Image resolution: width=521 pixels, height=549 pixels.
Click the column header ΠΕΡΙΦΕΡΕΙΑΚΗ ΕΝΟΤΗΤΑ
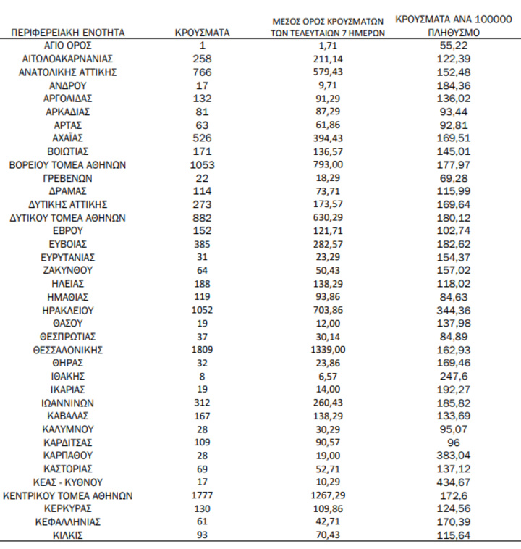pyautogui.click(x=68, y=33)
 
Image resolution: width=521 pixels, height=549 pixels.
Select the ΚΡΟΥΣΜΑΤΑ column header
pyautogui.click(x=203, y=33)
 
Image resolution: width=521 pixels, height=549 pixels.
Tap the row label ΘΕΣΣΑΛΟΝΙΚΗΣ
pyautogui.click(x=68, y=350)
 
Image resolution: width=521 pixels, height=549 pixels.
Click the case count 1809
pyautogui.click(x=202, y=350)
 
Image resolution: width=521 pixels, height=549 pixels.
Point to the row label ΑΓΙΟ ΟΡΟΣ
pyautogui.click(x=68, y=46)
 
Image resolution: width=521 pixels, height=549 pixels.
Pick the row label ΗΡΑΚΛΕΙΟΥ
pyautogui.click(x=68, y=310)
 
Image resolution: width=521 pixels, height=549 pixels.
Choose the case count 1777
pyautogui.click(x=202, y=495)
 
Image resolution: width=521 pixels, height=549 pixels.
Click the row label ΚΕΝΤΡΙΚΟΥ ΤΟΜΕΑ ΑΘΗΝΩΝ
pyautogui.click(x=68, y=495)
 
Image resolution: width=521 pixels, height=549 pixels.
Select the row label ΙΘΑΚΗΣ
pyautogui.click(x=68, y=376)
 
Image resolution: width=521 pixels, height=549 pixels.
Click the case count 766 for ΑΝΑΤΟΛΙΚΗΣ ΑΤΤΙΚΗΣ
pyautogui.click(x=202, y=72)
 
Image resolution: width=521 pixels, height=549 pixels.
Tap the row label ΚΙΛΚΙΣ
pyautogui.click(x=68, y=535)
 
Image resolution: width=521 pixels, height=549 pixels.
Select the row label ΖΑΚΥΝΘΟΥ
pyautogui.click(x=68, y=270)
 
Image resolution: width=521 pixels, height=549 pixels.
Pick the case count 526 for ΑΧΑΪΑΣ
pyautogui.click(x=202, y=138)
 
